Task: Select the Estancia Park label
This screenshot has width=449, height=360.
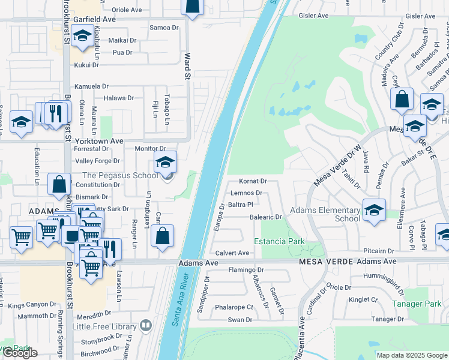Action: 279,241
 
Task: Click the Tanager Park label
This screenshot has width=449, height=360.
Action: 416,304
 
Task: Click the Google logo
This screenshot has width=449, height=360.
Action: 20,353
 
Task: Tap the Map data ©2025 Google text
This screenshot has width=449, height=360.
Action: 412,355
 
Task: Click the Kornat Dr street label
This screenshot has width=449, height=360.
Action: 252,181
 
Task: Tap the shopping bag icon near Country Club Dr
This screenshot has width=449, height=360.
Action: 402,98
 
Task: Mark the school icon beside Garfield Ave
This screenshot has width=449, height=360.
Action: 82,37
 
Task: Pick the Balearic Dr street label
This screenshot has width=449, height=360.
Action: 266,217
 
